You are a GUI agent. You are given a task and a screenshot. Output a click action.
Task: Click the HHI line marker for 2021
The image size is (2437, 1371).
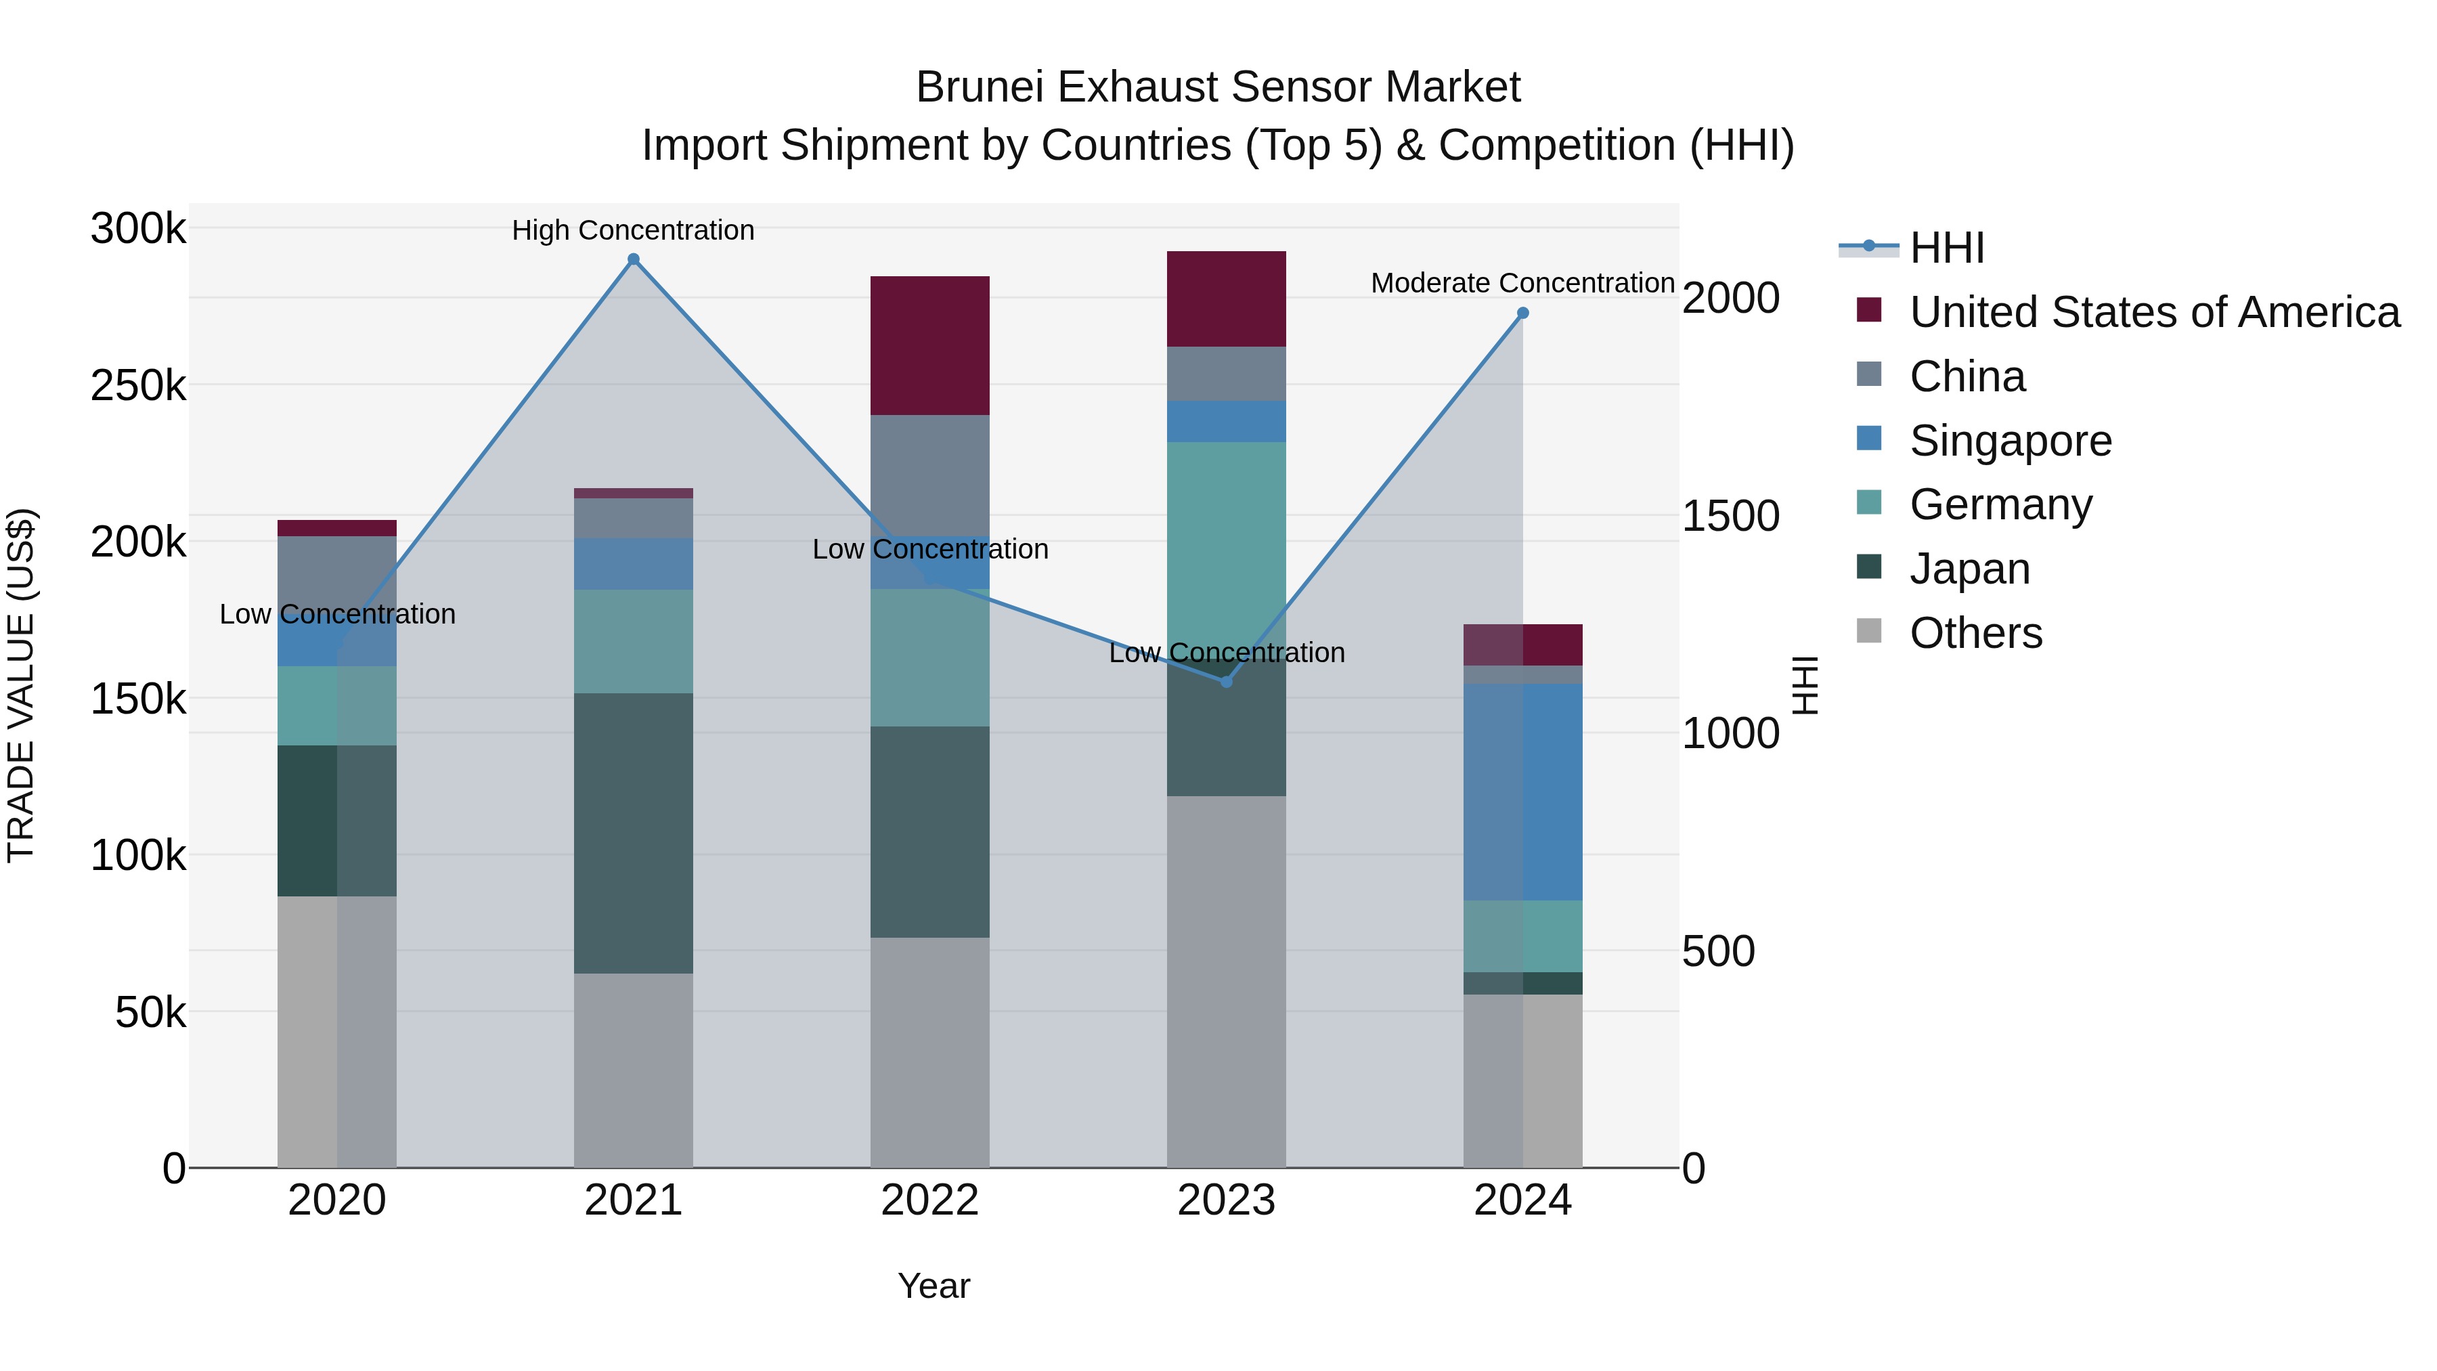pos(634,260)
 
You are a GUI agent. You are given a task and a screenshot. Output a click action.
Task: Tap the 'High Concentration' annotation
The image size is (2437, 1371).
pos(633,230)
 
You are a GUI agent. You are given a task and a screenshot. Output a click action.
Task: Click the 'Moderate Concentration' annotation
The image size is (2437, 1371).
pos(1522,283)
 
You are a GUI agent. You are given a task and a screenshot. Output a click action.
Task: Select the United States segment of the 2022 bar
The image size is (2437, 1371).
pos(930,345)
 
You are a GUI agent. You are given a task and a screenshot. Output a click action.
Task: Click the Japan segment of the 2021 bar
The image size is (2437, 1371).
pos(633,833)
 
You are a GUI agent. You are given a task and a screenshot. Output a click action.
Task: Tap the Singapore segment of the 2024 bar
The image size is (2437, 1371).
pos(1523,792)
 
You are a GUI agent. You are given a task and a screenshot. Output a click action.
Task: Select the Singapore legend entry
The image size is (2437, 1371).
pos(2011,441)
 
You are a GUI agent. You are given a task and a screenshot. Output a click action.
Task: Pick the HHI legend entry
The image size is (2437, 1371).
pos(1946,248)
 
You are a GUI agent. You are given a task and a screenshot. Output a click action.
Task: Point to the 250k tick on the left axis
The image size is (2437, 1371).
pos(138,386)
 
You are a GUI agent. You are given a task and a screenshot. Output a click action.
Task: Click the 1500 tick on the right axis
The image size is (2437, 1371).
pos(1730,517)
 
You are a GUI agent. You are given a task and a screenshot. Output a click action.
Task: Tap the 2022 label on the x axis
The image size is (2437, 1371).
pos(930,1200)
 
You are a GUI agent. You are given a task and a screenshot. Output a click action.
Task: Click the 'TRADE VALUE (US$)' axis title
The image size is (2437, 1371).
pos(21,685)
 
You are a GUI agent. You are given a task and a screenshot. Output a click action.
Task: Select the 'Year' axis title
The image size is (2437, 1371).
pos(934,1286)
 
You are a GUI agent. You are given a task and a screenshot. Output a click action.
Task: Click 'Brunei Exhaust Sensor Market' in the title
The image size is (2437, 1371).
pos(1218,87)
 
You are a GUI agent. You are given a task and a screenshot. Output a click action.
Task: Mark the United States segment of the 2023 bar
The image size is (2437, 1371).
pos(1226,299)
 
